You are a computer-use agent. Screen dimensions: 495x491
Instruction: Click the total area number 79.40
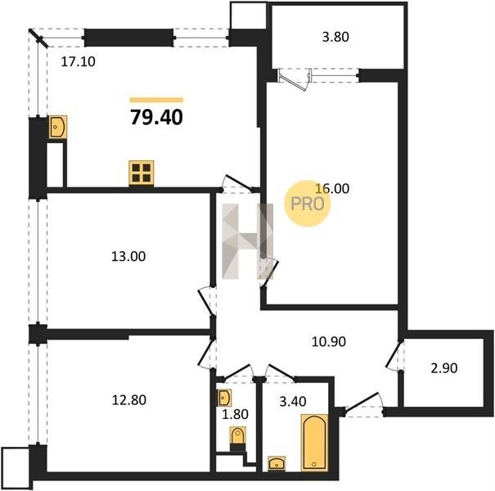pyautogui.click(x=156, y=117)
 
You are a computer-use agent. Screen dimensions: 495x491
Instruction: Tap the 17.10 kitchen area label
pyautogui.click(x=78, y=61)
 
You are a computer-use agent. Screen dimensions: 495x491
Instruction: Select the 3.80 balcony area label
pyautogui.click(x=335, y=37)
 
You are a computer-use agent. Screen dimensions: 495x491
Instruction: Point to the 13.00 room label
pyautogui.click(x=128, y=256)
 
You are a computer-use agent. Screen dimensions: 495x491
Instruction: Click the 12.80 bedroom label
pyautogui.click(x=129, y=400)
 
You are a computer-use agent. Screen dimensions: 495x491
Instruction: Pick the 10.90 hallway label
pyautogui.click(x=329, y=341)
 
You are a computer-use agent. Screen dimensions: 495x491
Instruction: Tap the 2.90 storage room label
pyautogui.click(x=444, y=368)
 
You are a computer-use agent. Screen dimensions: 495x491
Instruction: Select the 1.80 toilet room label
pyautogui.click(x=235, y=414)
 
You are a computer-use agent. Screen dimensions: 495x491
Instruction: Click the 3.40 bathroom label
pyautogui.click(x=293, y=401)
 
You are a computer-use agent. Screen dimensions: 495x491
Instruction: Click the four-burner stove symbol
pyautogui.click(x=142, y=173)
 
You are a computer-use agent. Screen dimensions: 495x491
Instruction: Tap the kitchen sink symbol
pyautogui.click(x=58, y=127)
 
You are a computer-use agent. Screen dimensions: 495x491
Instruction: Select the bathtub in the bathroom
pyautogui.click(x=314, y=442)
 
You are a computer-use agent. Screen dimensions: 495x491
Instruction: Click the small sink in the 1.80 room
pyautogui.click(x=224, y=398)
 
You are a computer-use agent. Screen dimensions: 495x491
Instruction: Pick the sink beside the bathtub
pyautogui.click(x=277, y=463)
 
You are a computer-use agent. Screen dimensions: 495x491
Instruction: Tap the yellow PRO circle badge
pyautogui.click(x=308, y=203)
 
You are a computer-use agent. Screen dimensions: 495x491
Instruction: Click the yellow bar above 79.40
pyautogui.click(x=156, y=101)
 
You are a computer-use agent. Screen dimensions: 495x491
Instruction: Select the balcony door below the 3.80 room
pyautogui.click(x=295, y=79)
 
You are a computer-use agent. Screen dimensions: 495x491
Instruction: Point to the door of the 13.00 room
pyautogui.click(x=207, y=301)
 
